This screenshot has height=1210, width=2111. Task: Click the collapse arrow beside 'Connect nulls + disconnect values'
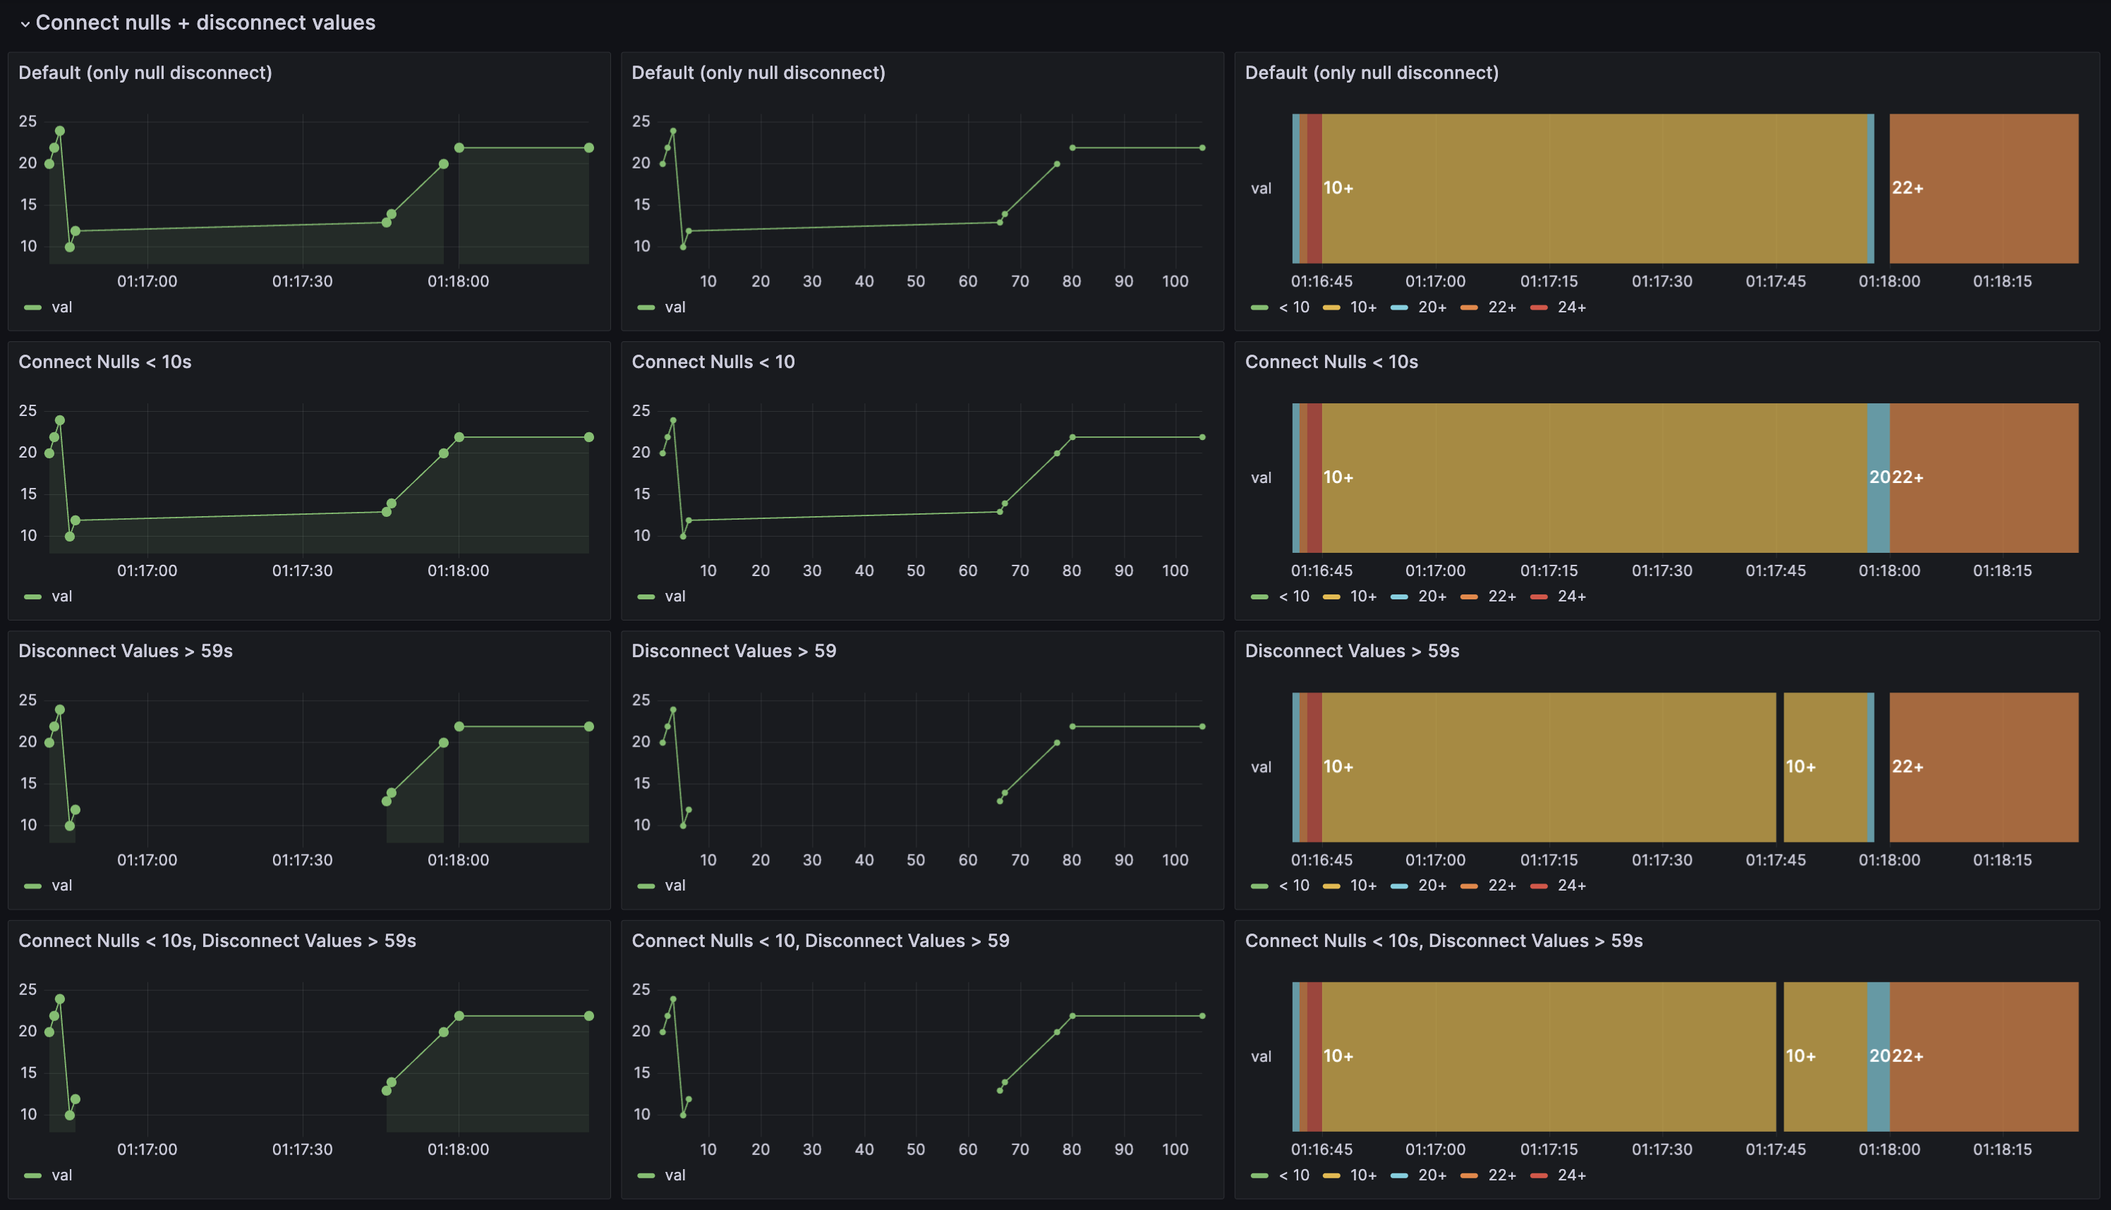pos(25,24)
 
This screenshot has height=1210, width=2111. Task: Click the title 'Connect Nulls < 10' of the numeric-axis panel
pos(713,362)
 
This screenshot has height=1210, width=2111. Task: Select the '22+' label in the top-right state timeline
pos(1907,188)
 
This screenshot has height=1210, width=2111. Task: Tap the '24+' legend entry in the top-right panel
pos(1571,307)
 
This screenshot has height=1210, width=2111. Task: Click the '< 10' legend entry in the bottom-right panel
pos(1293,1175)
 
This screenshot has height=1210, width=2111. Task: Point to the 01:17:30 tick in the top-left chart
pos(302,281)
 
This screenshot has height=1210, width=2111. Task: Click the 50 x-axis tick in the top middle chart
pos(915,281)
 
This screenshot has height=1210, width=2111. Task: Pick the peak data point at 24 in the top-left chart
pos(60,131)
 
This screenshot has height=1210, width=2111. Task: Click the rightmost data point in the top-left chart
pos(588,148)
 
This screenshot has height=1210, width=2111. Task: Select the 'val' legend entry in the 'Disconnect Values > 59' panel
pos(675,885)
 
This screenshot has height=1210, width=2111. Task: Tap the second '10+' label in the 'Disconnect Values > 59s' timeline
pos(1800,766)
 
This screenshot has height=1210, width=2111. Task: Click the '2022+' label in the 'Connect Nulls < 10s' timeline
pos(1896,477)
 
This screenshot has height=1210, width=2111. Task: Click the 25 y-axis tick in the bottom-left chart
pos(28,989)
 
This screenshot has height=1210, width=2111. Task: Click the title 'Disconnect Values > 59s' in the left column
pos(126,651)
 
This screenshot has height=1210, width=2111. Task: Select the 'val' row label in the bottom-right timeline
pos(1260,1056)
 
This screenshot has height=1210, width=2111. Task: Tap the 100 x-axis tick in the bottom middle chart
pos(1174,1149)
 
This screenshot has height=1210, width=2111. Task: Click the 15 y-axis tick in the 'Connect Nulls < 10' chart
pos(641,494)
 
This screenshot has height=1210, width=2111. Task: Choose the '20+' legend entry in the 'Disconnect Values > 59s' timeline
pos(1431,886)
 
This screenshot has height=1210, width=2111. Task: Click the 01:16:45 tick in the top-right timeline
pos(1321,281)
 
